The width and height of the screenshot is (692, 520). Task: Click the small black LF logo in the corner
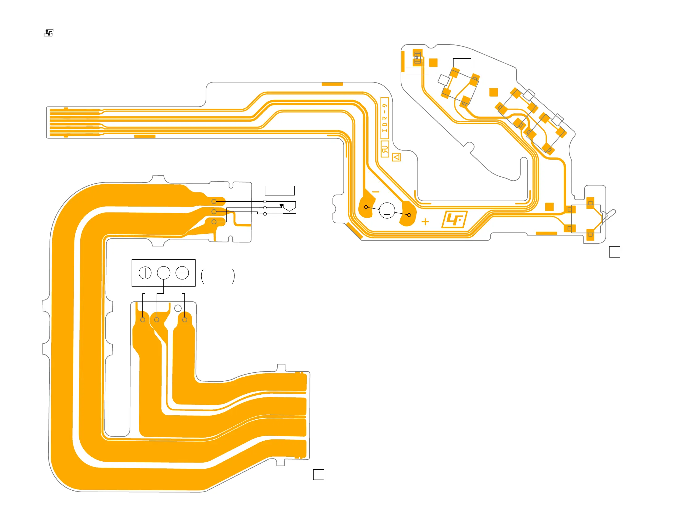49,33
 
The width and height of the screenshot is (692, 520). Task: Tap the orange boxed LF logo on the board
454,220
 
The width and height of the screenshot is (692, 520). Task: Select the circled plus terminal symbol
145,273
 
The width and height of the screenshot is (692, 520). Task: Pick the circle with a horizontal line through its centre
182,273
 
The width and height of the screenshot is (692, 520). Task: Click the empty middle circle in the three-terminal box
164,273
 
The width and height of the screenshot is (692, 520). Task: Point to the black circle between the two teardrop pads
387,210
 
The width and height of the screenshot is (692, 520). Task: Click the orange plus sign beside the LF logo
425,222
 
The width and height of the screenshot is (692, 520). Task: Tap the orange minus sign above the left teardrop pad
376,192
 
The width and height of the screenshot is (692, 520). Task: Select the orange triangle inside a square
396,157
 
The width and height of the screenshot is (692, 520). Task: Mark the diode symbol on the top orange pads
417,58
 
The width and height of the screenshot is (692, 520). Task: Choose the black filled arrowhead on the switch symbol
281,206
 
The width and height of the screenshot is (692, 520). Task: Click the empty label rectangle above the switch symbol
280,191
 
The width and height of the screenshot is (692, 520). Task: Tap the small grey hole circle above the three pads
178,308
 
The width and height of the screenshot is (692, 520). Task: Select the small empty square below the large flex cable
319,474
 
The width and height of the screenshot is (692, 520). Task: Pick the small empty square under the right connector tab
614,252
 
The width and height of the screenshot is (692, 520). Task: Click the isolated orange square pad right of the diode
433,63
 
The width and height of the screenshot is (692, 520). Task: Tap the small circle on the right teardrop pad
409,215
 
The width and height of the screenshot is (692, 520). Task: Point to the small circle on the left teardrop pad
366,207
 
